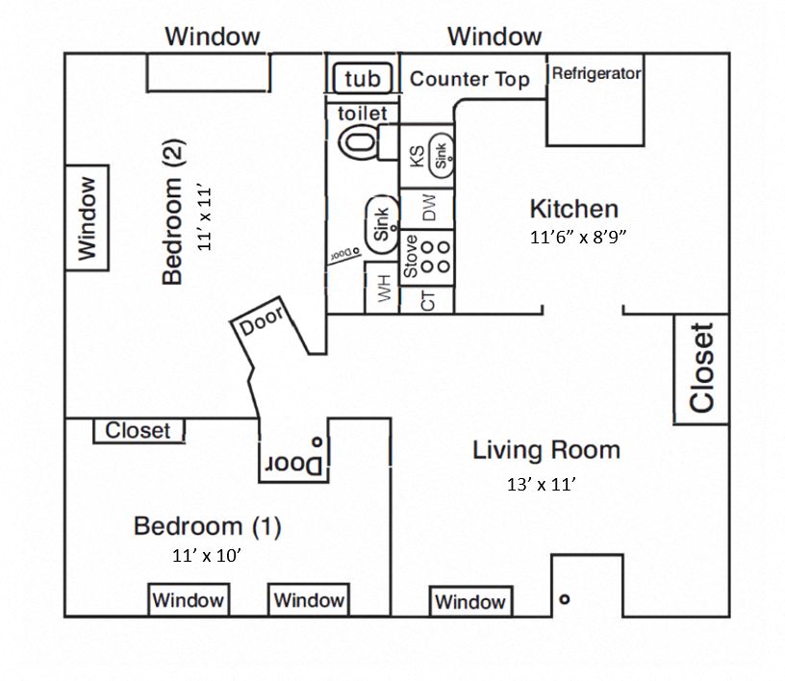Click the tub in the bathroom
362,78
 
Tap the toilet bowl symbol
360,143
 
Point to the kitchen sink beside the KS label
441,154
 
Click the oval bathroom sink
380,225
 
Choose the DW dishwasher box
428,207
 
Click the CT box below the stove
429,300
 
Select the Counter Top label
469,79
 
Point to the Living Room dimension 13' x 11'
541,485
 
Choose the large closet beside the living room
701,367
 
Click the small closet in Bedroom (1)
139,431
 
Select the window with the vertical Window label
88,218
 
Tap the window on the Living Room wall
469,601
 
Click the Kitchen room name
573,209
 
